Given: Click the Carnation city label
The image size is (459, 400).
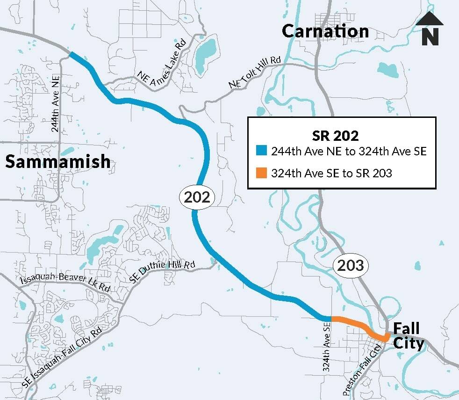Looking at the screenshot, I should tap(325, 31).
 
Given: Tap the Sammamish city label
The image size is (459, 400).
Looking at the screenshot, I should tap(58, 161).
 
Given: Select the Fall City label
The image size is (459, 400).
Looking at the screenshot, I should tap(408, 336).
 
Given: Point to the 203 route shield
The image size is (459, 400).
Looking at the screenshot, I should tap(351, 266).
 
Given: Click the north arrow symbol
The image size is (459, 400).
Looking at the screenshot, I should tap(430, 29).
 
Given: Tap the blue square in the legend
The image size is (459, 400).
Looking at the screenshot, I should tap(262, 151).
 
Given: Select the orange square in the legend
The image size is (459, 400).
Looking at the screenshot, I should tap(262, 173).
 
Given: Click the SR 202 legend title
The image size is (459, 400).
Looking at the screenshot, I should tap(335, 136).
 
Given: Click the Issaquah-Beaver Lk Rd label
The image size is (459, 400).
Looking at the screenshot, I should tap(65, 284).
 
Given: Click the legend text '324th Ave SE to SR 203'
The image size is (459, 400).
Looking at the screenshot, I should tap(331, 174).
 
